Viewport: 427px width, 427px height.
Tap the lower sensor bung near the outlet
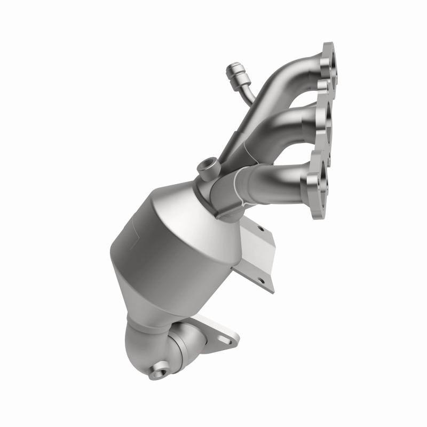pos(161,368)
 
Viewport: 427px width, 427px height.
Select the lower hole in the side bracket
pos(261,279)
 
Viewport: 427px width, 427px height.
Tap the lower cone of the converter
pos(155,304)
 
